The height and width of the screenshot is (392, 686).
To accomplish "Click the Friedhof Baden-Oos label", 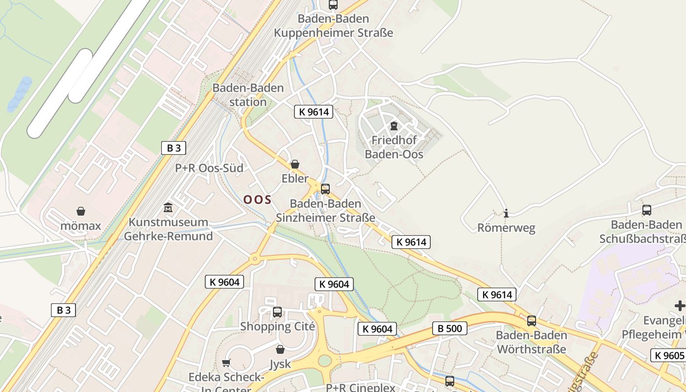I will click(394, 147).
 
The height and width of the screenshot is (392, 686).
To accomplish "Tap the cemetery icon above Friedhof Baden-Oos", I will click(394, 126).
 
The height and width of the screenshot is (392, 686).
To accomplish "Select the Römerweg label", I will click(506, 228).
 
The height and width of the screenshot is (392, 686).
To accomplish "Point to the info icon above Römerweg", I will click(506, 213).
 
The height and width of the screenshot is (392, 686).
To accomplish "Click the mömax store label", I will click(81, 226).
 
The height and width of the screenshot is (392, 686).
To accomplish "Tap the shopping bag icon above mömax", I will click(81, 211).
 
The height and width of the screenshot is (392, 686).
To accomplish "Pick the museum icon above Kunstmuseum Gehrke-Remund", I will click(169, 207).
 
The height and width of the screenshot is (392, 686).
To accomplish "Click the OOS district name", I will click(257, 199).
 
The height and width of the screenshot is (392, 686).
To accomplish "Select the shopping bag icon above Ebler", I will click(295, 164).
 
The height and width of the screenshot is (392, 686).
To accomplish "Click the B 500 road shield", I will click(449, 328).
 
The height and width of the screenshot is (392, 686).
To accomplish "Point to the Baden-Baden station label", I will click(248, 95).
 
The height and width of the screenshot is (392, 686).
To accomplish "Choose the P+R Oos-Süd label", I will click(209, 168).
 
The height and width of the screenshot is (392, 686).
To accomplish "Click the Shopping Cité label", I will click(277, 326).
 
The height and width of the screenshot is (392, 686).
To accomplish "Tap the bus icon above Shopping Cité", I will click(277, 312).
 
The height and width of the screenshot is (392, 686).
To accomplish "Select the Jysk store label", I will click(280, 364).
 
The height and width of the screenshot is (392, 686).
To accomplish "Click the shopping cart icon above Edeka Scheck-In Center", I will click(226, 363).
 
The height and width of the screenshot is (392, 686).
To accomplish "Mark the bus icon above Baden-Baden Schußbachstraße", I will click(647, 210).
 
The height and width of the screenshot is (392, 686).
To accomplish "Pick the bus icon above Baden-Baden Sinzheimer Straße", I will click(325, 189).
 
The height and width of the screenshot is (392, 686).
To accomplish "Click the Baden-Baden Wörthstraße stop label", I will click(532, 343).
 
